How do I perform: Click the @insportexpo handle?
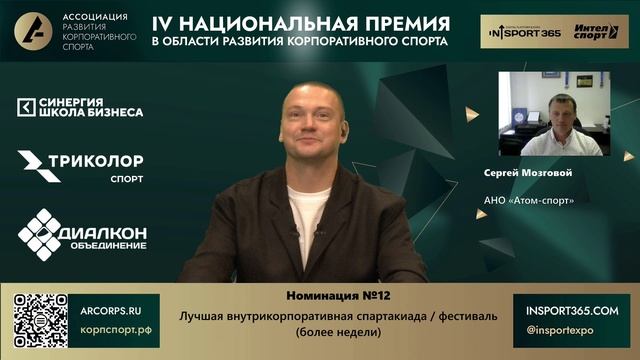point(560,329)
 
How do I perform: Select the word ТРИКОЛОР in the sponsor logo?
point(106,160)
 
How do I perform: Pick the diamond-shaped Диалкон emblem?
point(41,233)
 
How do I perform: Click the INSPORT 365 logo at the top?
point(521,31)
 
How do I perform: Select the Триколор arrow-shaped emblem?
point(38,166)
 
